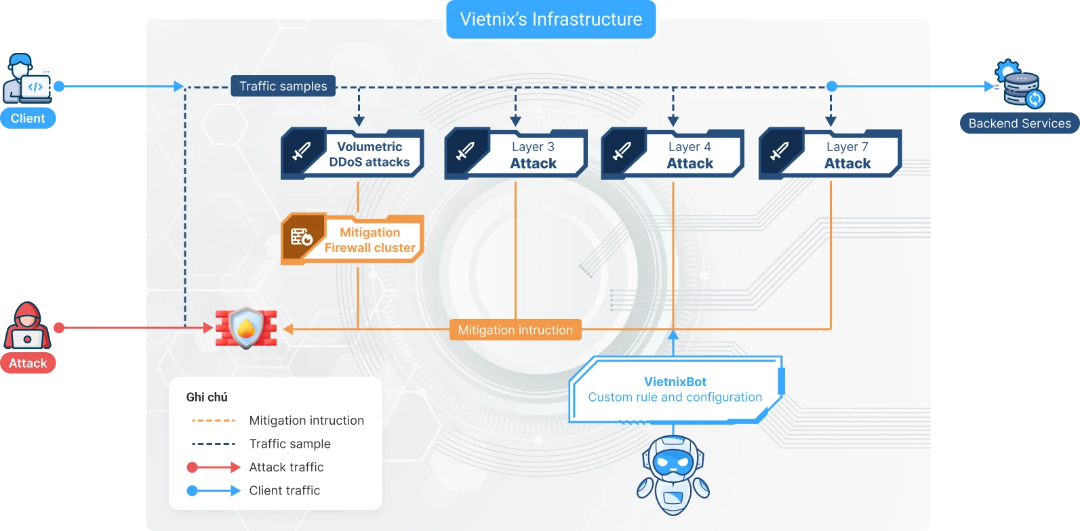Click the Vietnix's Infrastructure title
point(551,20)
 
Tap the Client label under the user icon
point(28,119)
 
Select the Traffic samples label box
point(283,86)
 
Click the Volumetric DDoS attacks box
point(353,154)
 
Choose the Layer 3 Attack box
point(516,155)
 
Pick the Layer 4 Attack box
point(673,155)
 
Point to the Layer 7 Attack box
point(831,155)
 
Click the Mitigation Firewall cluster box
point(353,240)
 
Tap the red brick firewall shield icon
point(246,328)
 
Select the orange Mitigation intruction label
point(515,330)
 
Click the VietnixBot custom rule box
point(675,389)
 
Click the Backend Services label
point(1020,123)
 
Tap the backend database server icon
point(1021,86)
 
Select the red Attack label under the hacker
point(28,363)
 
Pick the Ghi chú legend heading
point(207,397)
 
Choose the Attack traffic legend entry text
point(286,467)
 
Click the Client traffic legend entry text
point(284,490)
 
